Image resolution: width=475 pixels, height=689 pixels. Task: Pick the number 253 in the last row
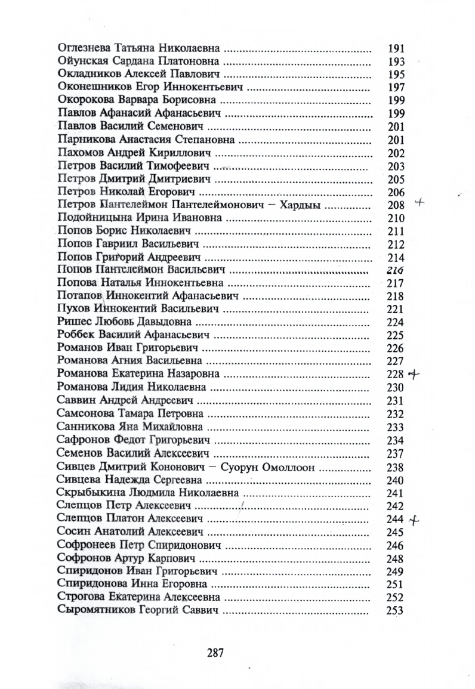tap(395, 610)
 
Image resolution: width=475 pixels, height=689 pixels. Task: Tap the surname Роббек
tap(75, 335)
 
